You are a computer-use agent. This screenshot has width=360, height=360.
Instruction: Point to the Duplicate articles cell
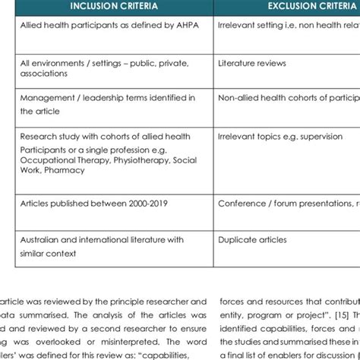pos(253,240)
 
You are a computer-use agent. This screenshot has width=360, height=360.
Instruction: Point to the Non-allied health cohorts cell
pos(289,98)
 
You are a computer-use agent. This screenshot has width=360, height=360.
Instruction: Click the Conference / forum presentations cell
pos(289,204)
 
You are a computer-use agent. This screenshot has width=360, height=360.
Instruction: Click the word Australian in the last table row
pos(43,240)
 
